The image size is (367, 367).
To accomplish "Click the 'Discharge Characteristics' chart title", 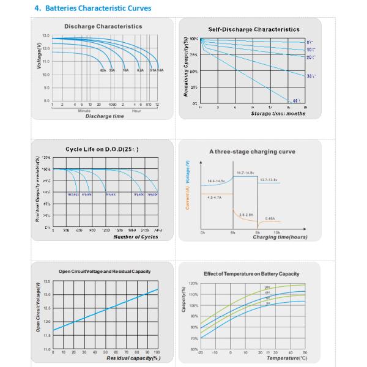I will click(103, 26).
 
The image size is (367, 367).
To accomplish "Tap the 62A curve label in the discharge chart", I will click(103, 71).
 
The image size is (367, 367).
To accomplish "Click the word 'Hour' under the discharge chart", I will click(136, 111).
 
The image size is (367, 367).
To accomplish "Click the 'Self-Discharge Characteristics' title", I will click(254, 29).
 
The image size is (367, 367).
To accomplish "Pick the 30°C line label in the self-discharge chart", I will click(310, 76).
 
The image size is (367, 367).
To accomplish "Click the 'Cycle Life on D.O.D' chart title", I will click(102, 149).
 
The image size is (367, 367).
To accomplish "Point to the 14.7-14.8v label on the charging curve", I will click(246, 173).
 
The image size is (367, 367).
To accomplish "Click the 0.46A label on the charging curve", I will click(270, 218).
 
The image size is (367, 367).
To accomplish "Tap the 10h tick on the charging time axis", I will click(276, 232).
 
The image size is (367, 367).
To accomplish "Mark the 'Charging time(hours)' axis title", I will click(280, 237).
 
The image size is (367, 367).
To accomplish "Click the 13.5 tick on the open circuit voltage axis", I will click(46, 282).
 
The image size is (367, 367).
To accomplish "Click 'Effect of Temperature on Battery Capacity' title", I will click(251, 273).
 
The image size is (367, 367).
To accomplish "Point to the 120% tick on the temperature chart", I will click(193, 284).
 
